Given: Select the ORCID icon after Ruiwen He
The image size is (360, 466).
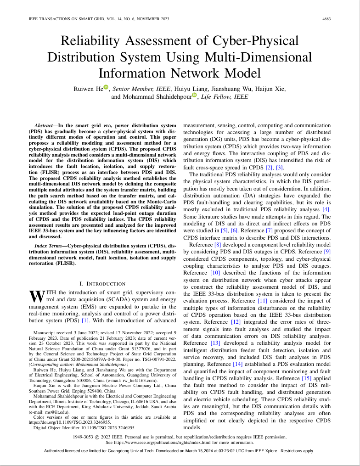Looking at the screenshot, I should coord(106,87).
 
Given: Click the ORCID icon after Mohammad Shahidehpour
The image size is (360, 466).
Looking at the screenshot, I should coord(194,95).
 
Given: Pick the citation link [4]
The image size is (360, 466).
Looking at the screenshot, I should coord(326,210).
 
